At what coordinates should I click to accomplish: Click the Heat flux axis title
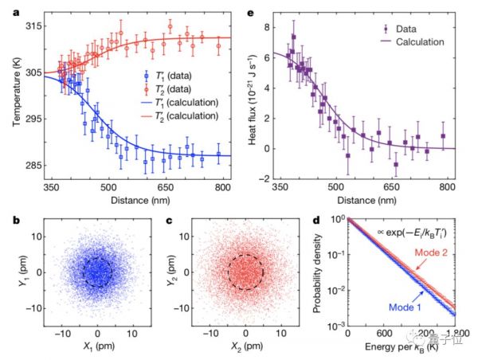261,96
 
